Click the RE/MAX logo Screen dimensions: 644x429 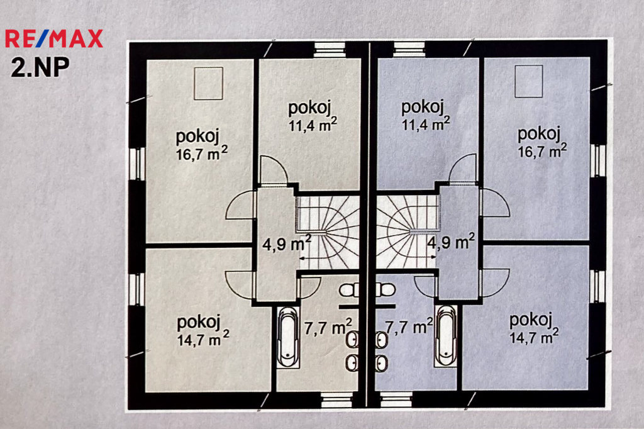tap(54, 38)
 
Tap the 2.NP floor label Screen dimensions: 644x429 tap(40, 67)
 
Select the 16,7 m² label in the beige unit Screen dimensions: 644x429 tap(202, 153)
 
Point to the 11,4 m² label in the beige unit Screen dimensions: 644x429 tap(313, 124)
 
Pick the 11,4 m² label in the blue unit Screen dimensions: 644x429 tap(426, 123)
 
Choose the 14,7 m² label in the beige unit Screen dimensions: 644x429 tap(203, 339)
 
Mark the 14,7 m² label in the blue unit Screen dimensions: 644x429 tap(534, 337)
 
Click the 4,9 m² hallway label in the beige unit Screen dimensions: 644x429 tap(287, 243)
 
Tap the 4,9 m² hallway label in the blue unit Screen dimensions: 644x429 tap(451, 242)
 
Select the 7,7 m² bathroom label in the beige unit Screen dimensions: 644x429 tap(328, 328)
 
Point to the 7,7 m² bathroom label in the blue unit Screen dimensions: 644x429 tap(409, 326)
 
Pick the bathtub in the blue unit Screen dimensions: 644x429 tap(446, 335)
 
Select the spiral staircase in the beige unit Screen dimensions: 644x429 tap(328, 233)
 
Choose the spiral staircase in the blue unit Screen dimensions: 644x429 tap(408, 231)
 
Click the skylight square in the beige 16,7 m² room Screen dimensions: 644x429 tap(208, 84)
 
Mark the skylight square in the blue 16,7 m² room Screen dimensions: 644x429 tap(528, 81)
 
